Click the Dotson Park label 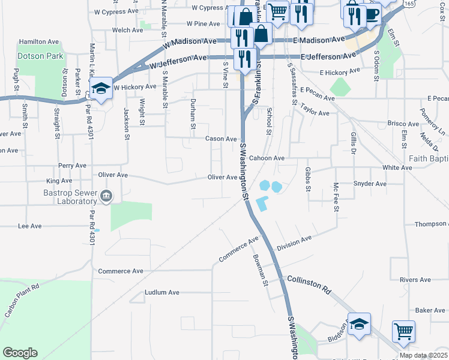pos(41,56)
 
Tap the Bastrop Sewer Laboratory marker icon pos(106,196)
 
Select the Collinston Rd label pos(309,284)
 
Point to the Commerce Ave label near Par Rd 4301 pos(121,271)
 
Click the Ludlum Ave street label pos(162,293)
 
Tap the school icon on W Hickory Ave pos(101,89)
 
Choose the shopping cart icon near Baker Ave pos(403,331)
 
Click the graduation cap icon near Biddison pos(359,323)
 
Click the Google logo pos(20,353)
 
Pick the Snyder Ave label pos(370,184)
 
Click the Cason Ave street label pos(221,139)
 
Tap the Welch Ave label pos(127,30)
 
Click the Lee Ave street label pos(29,226)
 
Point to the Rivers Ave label pos(415,280)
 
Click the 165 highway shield pos(409,4)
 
